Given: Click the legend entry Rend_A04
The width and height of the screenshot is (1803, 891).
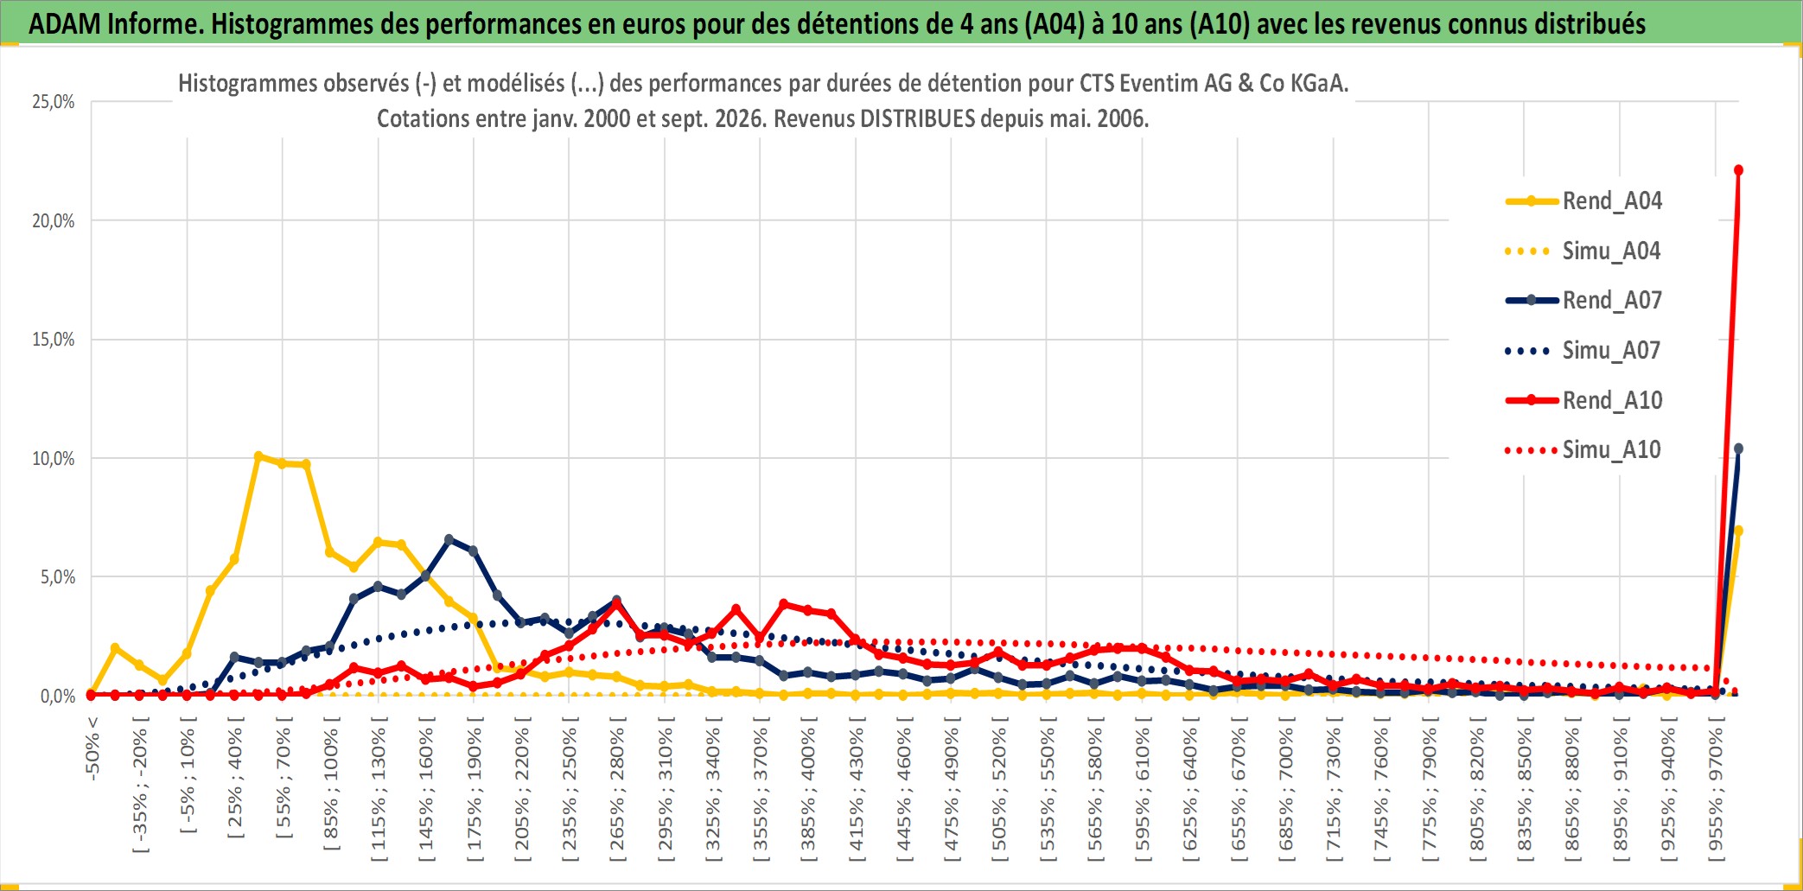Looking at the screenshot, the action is click(1583, 201).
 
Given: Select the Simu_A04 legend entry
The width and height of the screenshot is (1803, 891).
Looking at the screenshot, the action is click(1583, 251).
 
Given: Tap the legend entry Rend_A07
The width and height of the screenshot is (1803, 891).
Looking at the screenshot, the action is click(1583, 301).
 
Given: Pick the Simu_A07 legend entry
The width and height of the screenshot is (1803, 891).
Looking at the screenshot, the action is click(1583, 351).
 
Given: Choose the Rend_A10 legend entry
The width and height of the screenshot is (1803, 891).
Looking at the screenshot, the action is click(1583, 400).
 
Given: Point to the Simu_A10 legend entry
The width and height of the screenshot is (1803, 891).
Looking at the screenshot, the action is click(1583, 450).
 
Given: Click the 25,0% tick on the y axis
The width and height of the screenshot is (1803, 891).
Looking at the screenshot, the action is click(54, 102).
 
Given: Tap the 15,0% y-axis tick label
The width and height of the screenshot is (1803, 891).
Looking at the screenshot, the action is click(54, 340).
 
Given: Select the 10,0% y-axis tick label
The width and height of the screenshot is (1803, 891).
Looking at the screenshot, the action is click(54, 459).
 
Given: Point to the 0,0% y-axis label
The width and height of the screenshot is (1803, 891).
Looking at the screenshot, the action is click(58, 697).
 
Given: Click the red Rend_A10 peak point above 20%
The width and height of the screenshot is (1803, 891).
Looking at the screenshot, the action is click(1738, 170).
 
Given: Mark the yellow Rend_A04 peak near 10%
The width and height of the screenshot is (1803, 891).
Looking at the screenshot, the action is click(258, 455).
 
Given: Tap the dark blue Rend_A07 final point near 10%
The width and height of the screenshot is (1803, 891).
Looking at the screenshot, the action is click(1738, 449).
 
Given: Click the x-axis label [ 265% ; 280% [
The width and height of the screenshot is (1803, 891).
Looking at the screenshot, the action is click(616, 794).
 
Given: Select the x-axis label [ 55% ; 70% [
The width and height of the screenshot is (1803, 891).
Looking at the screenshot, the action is click(283, 783).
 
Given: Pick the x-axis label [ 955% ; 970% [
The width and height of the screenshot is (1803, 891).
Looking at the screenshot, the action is click(1716, 794).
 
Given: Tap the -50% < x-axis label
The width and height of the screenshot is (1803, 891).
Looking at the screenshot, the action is click(92, 748).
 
